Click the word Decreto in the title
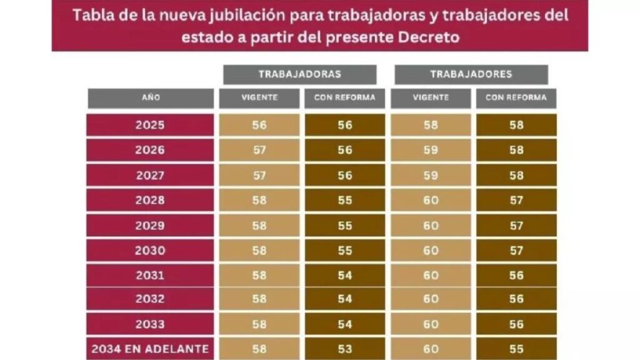(x=429, y=37)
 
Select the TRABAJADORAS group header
(x=299, y=74)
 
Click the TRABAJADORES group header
(x=471, y=74)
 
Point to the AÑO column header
(x=150, y=98)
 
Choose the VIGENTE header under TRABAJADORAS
(x=259, y=98)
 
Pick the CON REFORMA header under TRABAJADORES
(x=516, y=98)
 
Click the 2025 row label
(x=150, y=125)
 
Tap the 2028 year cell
(x=150, y=201)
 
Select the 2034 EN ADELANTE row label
(x=150, y=348)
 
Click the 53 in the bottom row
(x=345, y=348)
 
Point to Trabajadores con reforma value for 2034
(x=516, y=348)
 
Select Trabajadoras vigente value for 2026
(x=259, y=151)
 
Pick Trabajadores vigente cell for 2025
(x=431, y=125)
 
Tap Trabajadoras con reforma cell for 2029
(x=345, y=226)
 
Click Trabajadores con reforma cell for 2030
(x=516, y=251)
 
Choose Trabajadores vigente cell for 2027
(x=431, y=176)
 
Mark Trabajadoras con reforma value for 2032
(x=345, y=299)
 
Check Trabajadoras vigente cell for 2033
(x=259, y=324)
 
